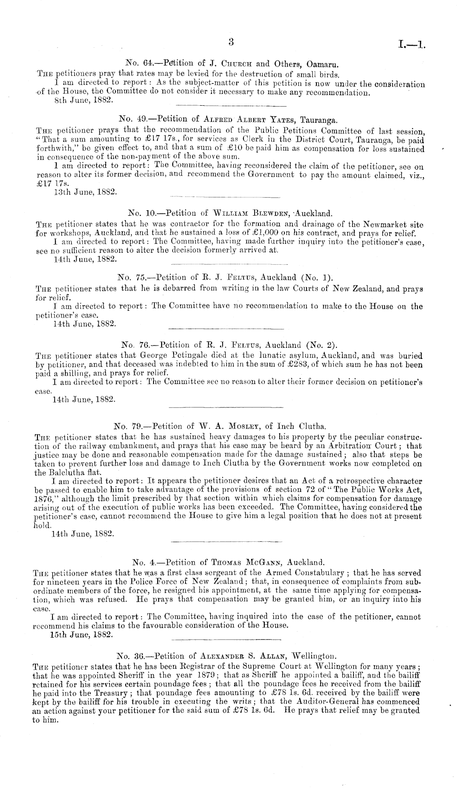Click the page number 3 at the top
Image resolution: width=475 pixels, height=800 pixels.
click(x=231, y=41)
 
